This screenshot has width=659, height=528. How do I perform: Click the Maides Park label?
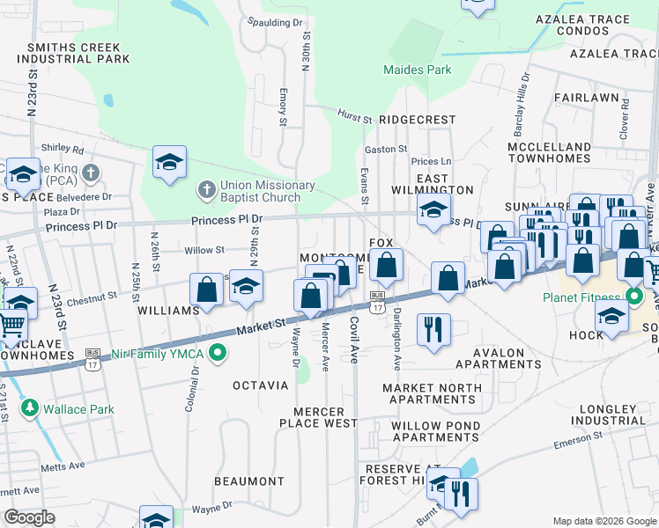click(418, 70)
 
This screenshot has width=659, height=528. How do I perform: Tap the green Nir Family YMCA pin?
click(220, 355)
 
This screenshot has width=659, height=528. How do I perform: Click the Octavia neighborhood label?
click(260, 385)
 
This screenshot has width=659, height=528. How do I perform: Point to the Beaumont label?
click(249, 481)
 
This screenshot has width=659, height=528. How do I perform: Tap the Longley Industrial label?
click(607, 414)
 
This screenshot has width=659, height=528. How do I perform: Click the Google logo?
click(30, 517)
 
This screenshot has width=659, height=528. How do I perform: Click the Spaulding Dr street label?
click(275, 22)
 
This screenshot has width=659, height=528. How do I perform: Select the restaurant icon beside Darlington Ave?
click(433, 329)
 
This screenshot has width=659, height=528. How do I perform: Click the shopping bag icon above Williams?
click(206, 289)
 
